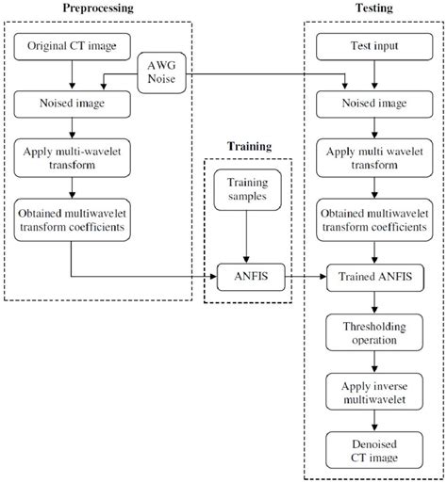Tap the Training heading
click(x=247, y=149)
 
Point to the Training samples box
click(x=247, y=194)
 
